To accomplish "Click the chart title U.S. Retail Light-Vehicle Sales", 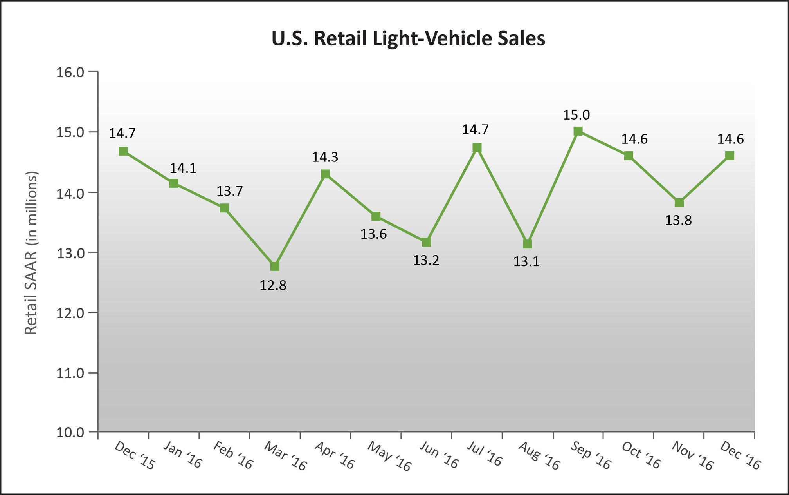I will pos(408,39).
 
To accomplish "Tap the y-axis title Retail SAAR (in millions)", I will pos(31,253).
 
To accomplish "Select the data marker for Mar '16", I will pos(275,267).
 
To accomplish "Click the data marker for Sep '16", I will pos(578,131).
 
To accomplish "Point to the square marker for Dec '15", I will pos(123,151).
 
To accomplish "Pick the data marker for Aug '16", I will pos(528,244).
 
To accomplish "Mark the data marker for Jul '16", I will pos(477,148).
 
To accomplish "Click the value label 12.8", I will pos(273,285).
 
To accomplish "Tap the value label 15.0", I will pos(576,115).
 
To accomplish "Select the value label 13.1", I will pos(526,261).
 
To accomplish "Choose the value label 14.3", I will pos(325,157).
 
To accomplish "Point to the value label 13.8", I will pos(678,220).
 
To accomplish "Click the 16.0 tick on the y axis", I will pos(70,73).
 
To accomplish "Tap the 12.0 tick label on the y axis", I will pos(70,314).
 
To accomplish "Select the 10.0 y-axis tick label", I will pos(70,433).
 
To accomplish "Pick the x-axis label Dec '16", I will pos(740,456).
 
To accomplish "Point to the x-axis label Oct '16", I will pos(641,455).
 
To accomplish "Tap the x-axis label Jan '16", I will pos(182,455).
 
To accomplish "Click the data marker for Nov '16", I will pos(679,203).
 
